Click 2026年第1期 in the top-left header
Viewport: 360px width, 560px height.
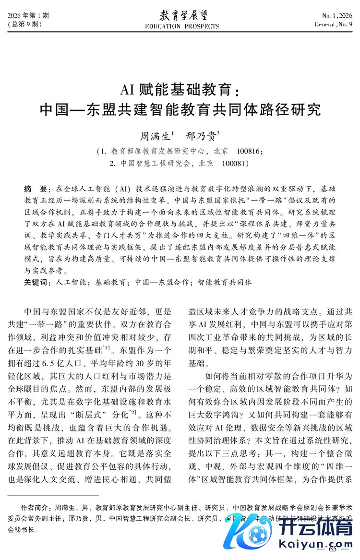[28, 15]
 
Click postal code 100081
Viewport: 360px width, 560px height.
[234, 163]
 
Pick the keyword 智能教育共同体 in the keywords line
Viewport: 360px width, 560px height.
[221, 282]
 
